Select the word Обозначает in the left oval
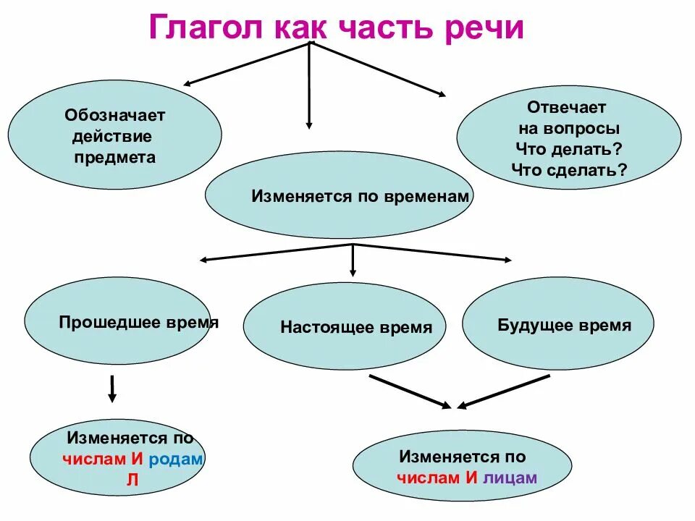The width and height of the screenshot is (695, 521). click(x=115, y=115)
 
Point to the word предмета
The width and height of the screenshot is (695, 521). click(x=114, y=158)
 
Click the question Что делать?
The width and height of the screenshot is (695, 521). click(x=569, y=150)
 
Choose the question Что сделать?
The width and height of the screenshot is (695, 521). click(x=569, y=171)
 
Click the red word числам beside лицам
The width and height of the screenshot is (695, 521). click(x=428, y=478)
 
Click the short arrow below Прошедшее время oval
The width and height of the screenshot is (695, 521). click(x=112, y=389)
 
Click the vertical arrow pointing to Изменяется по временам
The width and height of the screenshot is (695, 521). click(x=309, y=87)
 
